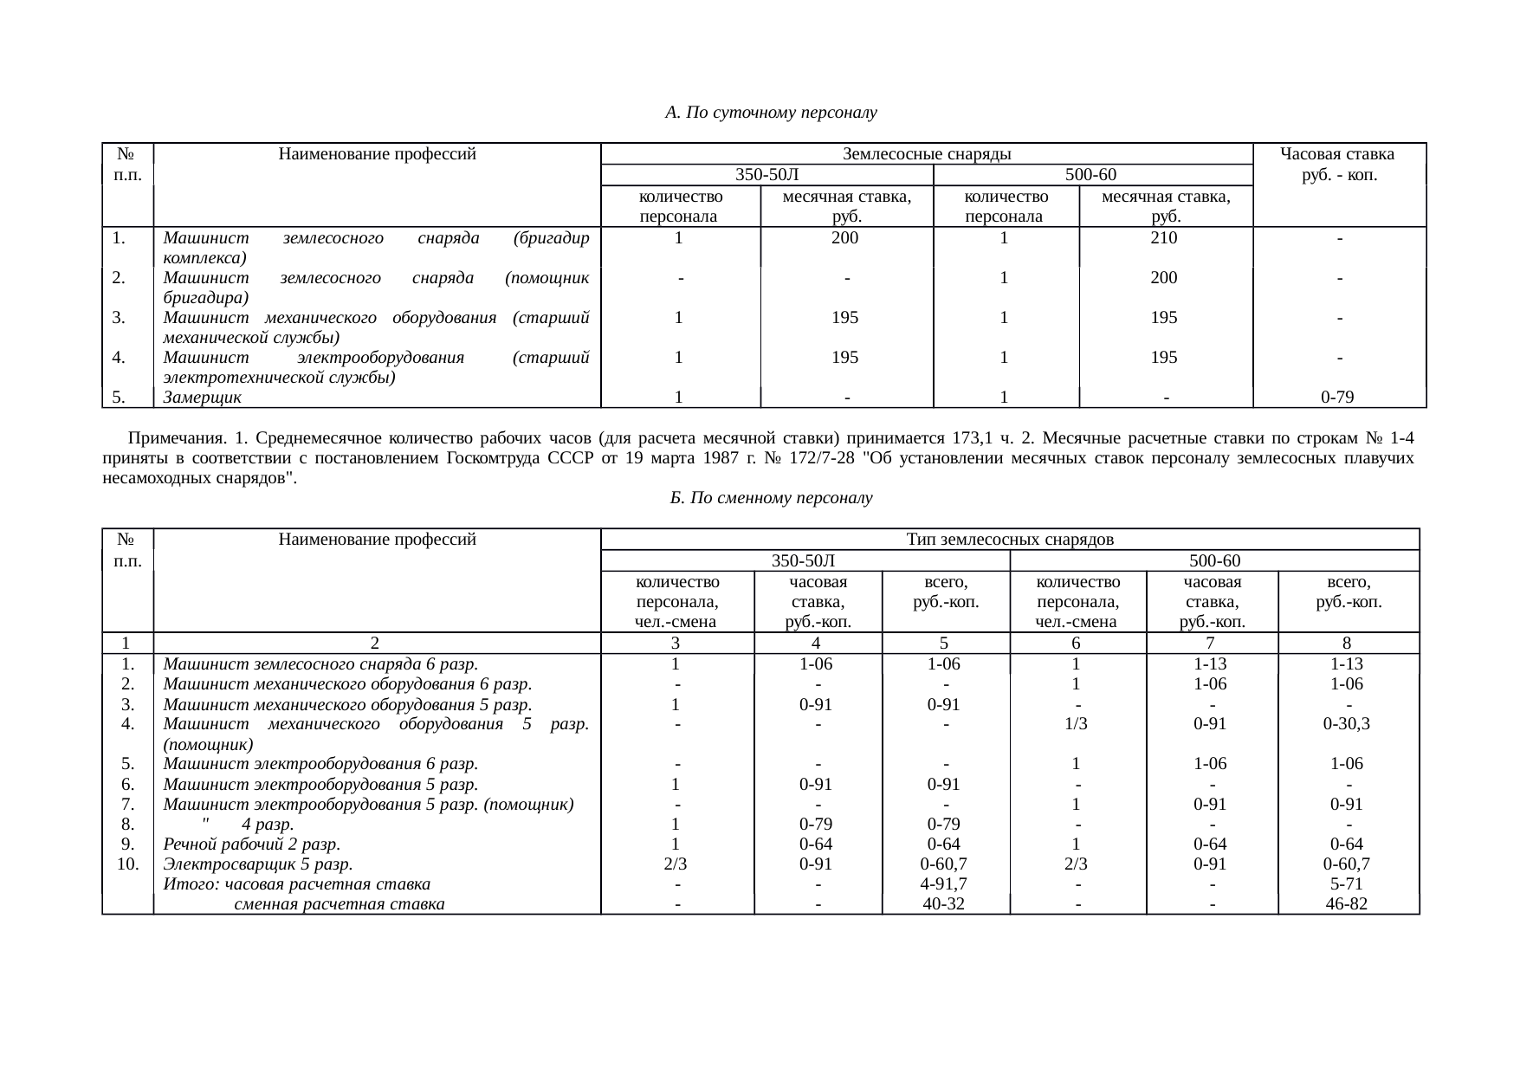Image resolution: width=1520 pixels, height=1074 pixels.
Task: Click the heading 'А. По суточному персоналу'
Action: click(x=771, y=113)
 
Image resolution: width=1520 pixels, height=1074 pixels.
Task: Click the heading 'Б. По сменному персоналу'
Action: click(x=771, y=498)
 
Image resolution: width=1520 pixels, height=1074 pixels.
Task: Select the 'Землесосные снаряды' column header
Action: click(x=927, y=154)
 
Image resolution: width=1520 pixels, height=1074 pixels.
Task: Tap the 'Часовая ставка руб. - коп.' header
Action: click(x=1339, y=165)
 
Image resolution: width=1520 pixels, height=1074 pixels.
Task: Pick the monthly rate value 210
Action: click(x=1163, y=237)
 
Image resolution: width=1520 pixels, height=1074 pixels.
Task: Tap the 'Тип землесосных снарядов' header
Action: click(x=1010, y=540)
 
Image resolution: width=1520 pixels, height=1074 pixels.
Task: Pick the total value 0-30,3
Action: click(x=1347, y=724)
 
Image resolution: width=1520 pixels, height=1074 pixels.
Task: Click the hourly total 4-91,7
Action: click(x=944, y=884)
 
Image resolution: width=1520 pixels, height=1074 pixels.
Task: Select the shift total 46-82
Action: click(x=1347, y=904)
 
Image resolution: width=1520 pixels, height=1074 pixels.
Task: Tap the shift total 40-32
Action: click(x=944, y=904)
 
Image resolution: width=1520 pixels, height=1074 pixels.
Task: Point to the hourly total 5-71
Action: click(x=1347, y=884)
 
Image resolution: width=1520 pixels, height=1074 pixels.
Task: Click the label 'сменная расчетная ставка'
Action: click(x=340, y=904)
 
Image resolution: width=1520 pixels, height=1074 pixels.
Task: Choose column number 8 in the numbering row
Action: click(x=1347, y=643)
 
